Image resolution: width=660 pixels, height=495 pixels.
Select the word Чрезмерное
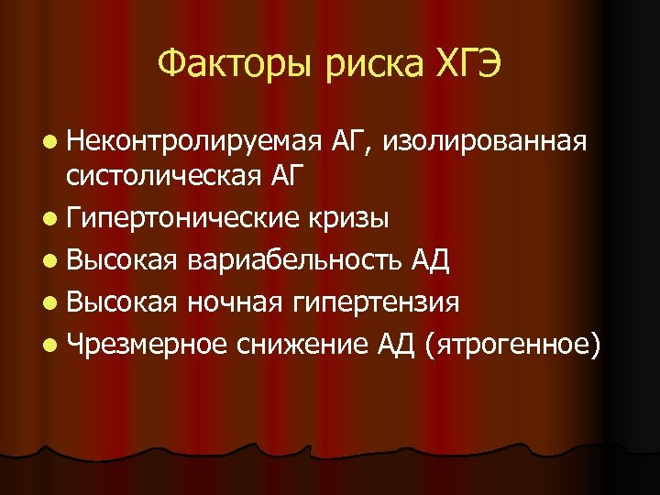(147, 344)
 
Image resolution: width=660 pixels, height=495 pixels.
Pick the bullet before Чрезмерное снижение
(48, 344)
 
